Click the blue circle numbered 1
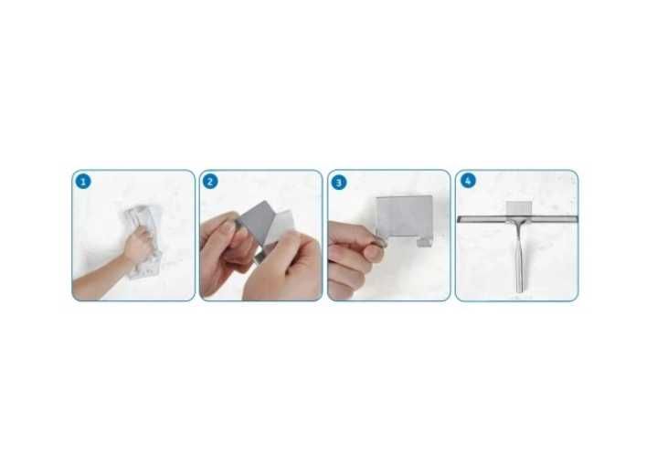pyautogui.click(x=83, y=182)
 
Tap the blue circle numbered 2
pyautogui.click(x=210, y=182)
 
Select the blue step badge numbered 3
pyautogui.click(x=339, y=182)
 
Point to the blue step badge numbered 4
pyautogui.click(x=468, y=181)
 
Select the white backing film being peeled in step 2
pyautogui.click(x=280, y=226)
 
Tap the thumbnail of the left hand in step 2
pyautogui.click(x=228, y=228)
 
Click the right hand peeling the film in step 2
pyautogui.click(x=281, y=268)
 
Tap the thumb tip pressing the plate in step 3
pyautogui.click(x=374, y=252)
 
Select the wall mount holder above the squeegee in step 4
pyautogui.click(x=519, y=207)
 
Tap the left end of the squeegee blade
pyautogui.click(x=459, y=219)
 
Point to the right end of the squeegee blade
pyautogui.click(x=577, y=219)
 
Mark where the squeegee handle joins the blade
pyautogui.click(x=519, y=222)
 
